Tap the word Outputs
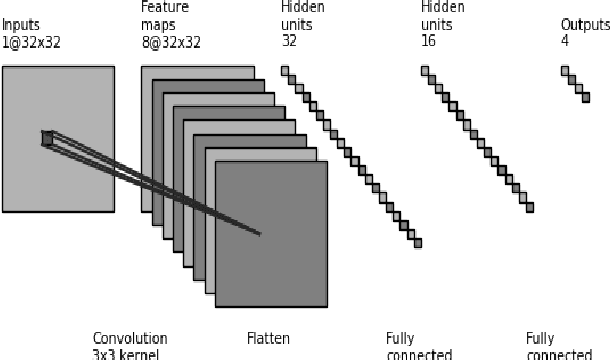click(585, 23)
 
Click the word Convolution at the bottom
click(130, 339)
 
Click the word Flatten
click(268, 339)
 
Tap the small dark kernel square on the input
click(47, 138)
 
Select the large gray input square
click(58, 180)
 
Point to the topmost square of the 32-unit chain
click(285, 70)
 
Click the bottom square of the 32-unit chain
click(417, 242)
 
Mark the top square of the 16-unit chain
click(425, 70)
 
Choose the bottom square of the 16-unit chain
click(529, 207)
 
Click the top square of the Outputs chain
click(565, 70)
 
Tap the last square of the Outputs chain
click(585, 97)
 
